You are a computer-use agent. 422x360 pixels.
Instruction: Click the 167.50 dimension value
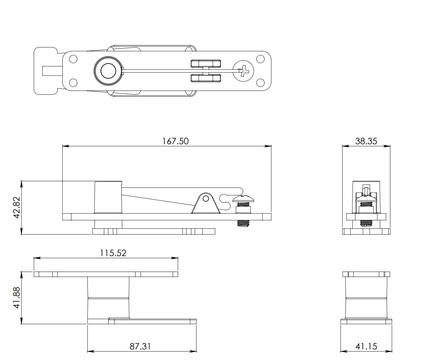tap(175, 141)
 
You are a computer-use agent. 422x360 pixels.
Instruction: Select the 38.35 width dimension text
tap(366, 141)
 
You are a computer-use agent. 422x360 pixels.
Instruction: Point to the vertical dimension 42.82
tap(16, 207)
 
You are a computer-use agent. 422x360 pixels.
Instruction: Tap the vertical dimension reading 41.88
tap(16, 298)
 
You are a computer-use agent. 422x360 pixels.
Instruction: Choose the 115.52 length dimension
tap(113, 253)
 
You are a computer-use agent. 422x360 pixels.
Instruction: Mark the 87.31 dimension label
tap(140, 346)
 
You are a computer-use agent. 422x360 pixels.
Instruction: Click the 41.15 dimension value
tap(366, 346)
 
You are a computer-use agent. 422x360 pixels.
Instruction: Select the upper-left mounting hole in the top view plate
tap(73, 59)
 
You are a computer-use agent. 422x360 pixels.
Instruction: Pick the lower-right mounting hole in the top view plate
tap(260, 82)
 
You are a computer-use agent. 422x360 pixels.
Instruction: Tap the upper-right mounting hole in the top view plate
tap(260, 59)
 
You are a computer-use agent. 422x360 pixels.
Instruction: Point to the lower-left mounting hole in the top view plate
tap(73, 82)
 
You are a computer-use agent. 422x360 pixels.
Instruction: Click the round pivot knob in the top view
tap(108, 71)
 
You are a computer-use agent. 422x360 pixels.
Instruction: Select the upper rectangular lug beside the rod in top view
tap(206, 63)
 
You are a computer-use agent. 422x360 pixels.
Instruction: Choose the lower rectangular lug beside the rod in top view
tap(206, 78)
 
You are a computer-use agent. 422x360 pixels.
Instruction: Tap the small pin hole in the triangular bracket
tap(206, 199)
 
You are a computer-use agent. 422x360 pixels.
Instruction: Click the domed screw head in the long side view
tap(244, 199)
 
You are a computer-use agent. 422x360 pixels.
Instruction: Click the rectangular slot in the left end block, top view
tap(51, 71)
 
